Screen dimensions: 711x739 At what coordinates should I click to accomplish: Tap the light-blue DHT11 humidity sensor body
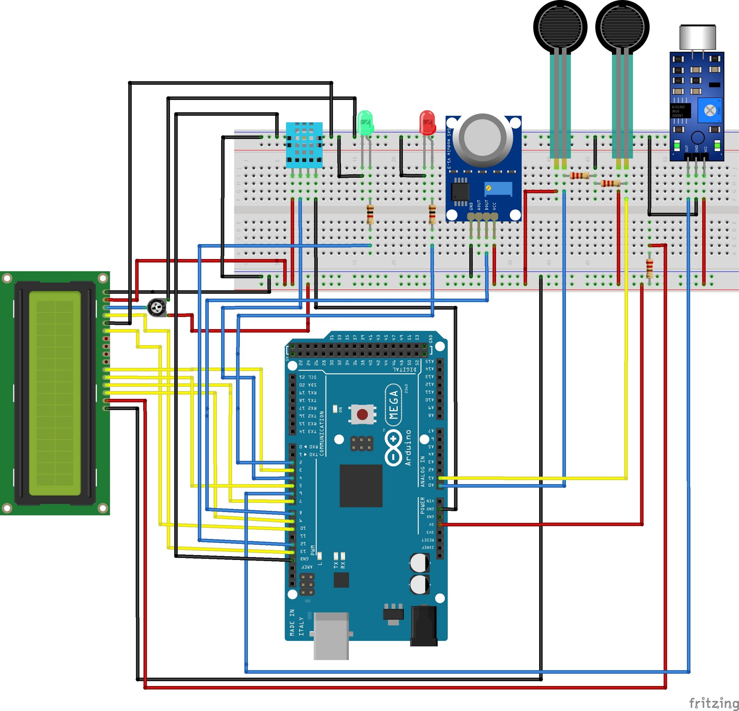point(304,145)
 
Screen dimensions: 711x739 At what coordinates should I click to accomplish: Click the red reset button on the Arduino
point(362,415)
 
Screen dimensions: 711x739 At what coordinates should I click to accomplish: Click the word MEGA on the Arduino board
point(393,405)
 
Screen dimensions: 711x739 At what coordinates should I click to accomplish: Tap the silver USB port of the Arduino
point(331,636)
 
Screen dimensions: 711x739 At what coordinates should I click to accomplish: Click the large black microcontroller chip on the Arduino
point(361,485)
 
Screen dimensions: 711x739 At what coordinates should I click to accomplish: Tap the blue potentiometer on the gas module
point(498,188)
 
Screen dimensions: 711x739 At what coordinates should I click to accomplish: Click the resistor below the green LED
point(370,214)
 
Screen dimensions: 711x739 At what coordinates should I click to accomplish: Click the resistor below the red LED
point(432,214)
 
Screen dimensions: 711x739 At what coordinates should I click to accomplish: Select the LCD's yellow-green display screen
point(55,393)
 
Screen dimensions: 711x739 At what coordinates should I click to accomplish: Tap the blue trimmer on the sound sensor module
point(710,110)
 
